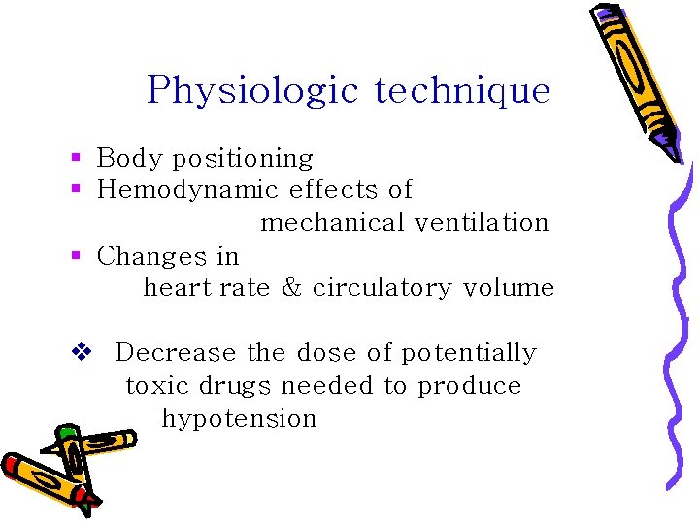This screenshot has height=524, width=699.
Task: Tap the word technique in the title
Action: point(462,91)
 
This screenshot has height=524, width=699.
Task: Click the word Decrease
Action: point(176,352)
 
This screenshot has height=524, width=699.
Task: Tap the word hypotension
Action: point(239,419)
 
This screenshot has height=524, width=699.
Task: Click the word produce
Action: point(470,386)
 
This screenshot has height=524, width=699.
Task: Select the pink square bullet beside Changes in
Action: point(75,256)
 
